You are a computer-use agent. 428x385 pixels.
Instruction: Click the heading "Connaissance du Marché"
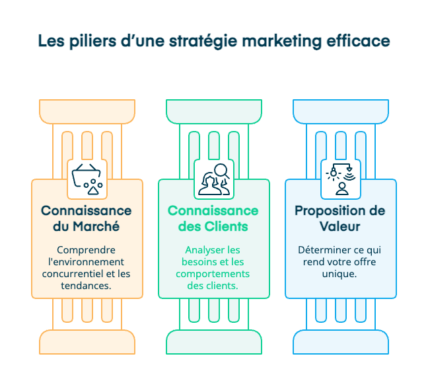[x=87, y=218]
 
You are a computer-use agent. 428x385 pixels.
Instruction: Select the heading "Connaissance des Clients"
[x=213, y=218]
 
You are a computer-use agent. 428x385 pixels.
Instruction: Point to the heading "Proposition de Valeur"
[x=340, y=218]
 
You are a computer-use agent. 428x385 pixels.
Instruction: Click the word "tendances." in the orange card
[x=87, y=286]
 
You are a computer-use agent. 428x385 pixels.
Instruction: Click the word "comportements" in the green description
[x=213, y=274]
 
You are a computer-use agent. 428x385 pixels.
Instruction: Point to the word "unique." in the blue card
[x=340, y=274]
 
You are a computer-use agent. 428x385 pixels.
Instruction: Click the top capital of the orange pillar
[x=87, y=110]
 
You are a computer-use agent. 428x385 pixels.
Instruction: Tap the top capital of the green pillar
[x=214, y=110]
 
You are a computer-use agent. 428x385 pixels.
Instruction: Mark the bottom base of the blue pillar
[x=341, y=342]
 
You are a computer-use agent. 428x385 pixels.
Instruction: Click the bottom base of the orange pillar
[x=87, y=342]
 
